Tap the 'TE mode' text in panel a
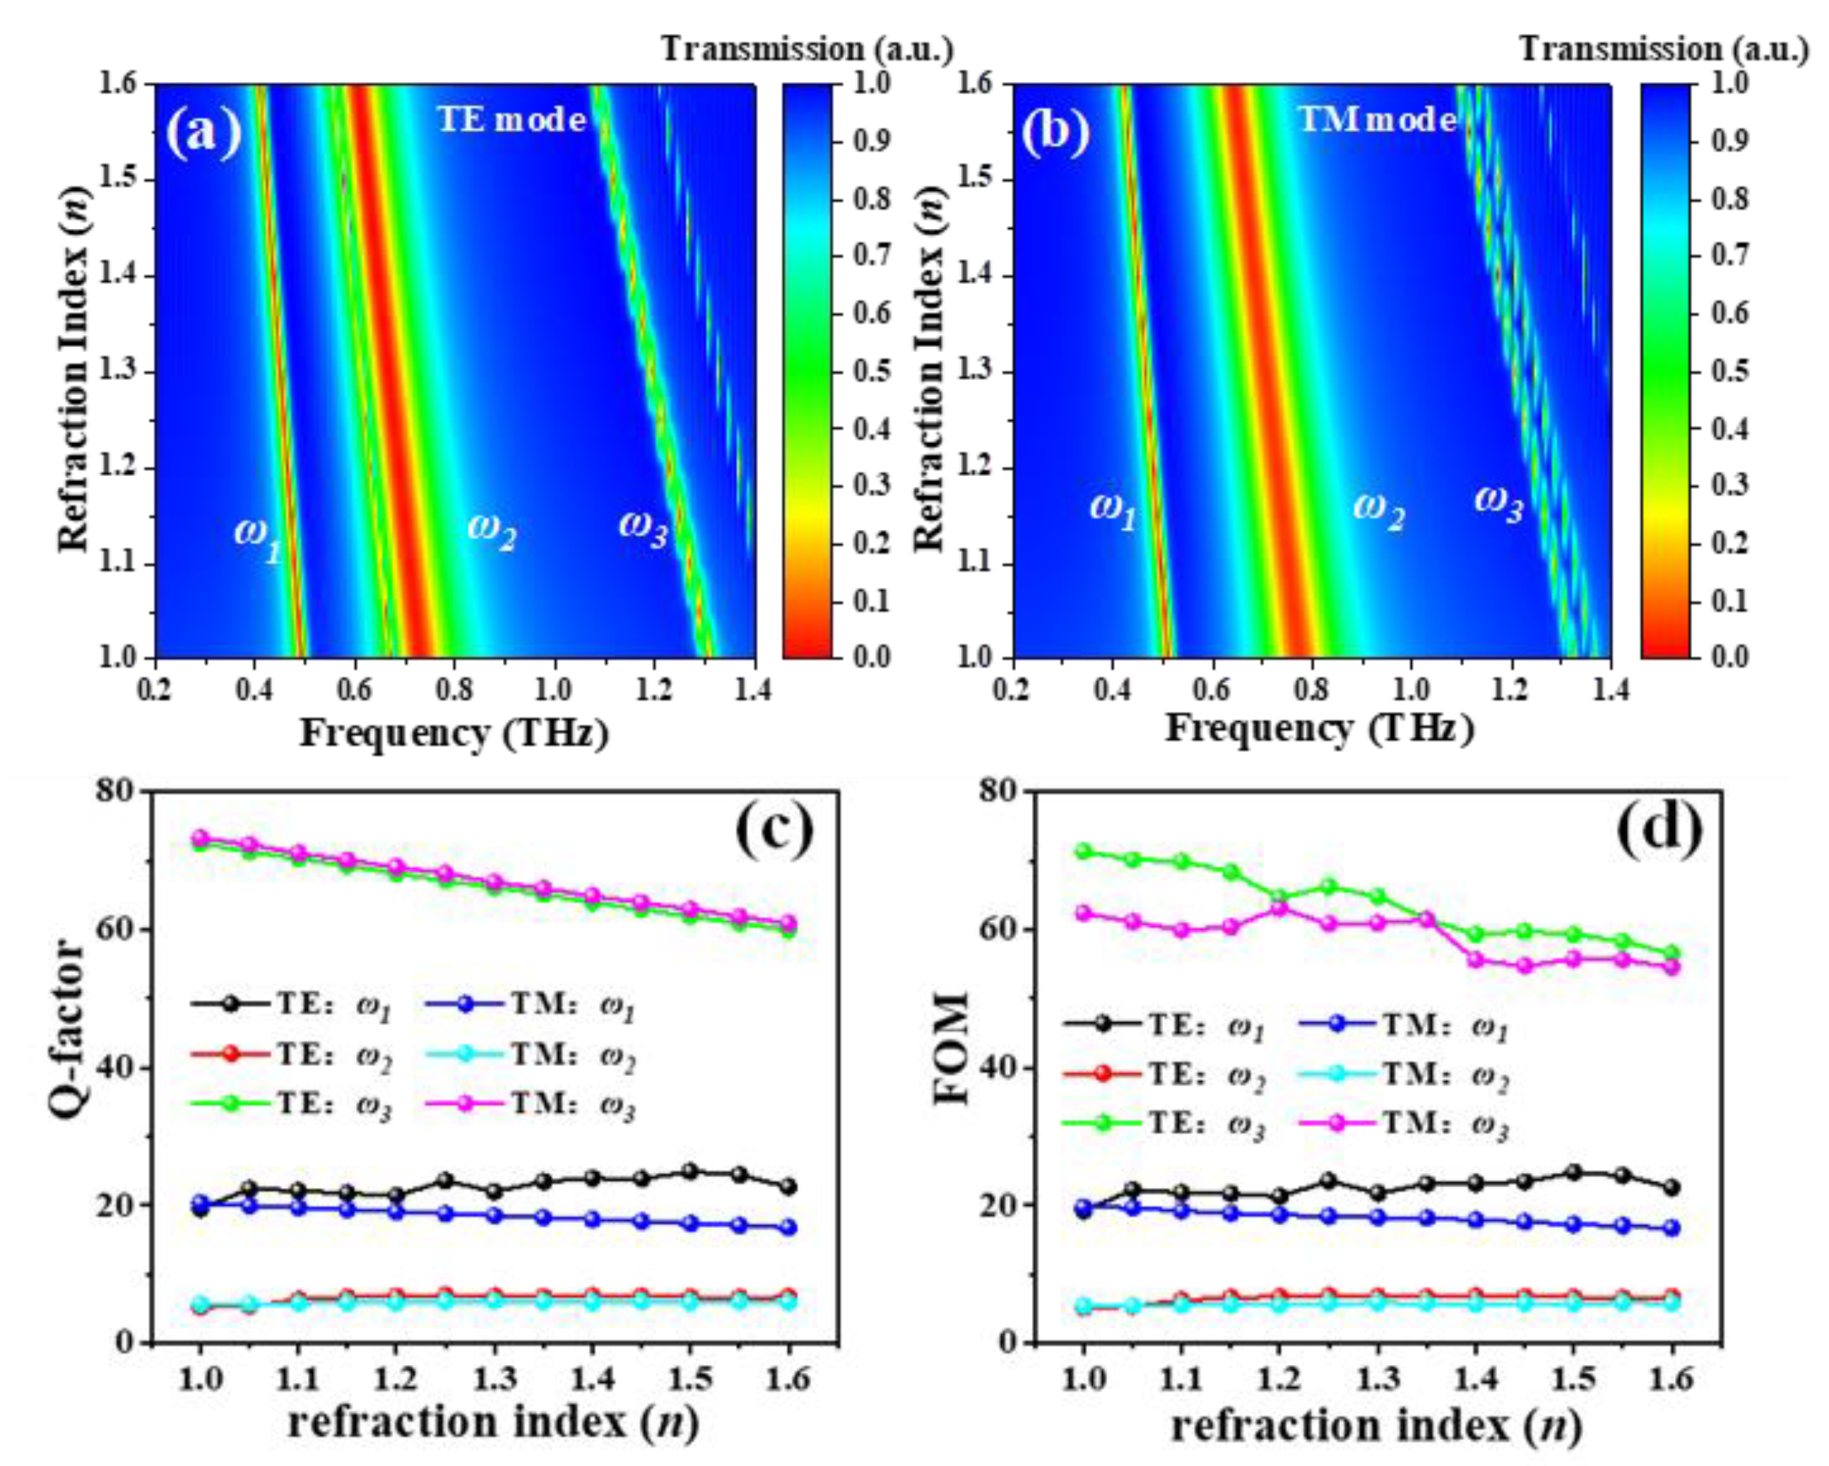pyautogui.click(x=512, y=120)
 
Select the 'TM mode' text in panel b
pyautogui.click(x=1377, y=120)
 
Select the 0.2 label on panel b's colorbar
pyautogui.click(x=1731, y=543)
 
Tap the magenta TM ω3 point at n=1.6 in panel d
pyautogui.click(x=1672, y=967)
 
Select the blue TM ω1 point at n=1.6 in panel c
pyautogui.click(x=789, y=1228)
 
